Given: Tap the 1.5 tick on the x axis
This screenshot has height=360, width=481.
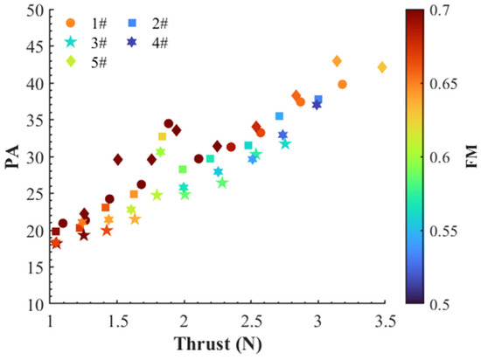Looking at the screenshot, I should (118, 322).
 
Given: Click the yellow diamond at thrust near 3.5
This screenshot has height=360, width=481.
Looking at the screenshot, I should (381, 67).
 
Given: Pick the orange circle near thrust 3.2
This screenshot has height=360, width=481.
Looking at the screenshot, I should (342, 85).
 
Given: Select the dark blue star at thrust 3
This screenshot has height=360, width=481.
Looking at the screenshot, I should (317, 105).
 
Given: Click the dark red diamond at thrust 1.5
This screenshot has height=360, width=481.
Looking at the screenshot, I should (118, 160).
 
